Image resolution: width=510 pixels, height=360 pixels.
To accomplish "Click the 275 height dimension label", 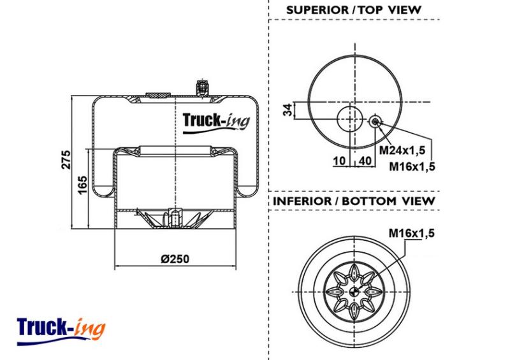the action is pos(66,159).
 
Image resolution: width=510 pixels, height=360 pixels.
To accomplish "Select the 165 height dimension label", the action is pos(83,185).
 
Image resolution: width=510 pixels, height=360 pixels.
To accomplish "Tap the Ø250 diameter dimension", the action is pos(175,259).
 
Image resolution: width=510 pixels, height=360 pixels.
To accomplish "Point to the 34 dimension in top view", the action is pos(288,110).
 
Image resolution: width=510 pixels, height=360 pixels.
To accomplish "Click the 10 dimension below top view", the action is pos(339,161).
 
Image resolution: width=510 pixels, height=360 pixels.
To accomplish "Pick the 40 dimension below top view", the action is pos(365,161).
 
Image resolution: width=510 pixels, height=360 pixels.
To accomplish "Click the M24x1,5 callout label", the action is pos(402,150).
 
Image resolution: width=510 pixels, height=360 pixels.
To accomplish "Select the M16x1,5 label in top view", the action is pos(412,166).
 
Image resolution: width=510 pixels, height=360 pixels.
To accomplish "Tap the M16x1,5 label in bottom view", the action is pos(411,233).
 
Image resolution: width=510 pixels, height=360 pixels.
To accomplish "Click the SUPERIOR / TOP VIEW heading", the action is pos(354,10).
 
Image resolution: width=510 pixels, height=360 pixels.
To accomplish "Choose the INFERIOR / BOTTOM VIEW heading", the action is pos(354,201).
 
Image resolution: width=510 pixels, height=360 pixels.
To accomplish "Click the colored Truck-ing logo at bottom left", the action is pos(61,331).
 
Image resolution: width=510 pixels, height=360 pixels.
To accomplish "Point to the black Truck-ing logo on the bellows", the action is pos(216,123).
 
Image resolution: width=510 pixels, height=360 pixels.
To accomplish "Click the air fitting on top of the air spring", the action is pos(202,88).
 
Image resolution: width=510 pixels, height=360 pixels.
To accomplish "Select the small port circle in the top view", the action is pos(375,122).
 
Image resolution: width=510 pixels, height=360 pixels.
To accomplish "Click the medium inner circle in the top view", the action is pos(349,119).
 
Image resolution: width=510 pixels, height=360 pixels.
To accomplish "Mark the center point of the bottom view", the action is pos(354,292).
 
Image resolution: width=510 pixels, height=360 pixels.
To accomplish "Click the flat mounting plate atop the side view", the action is pos(158,95).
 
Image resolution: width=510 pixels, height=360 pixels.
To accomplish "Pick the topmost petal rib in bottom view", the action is pos(354,273).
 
